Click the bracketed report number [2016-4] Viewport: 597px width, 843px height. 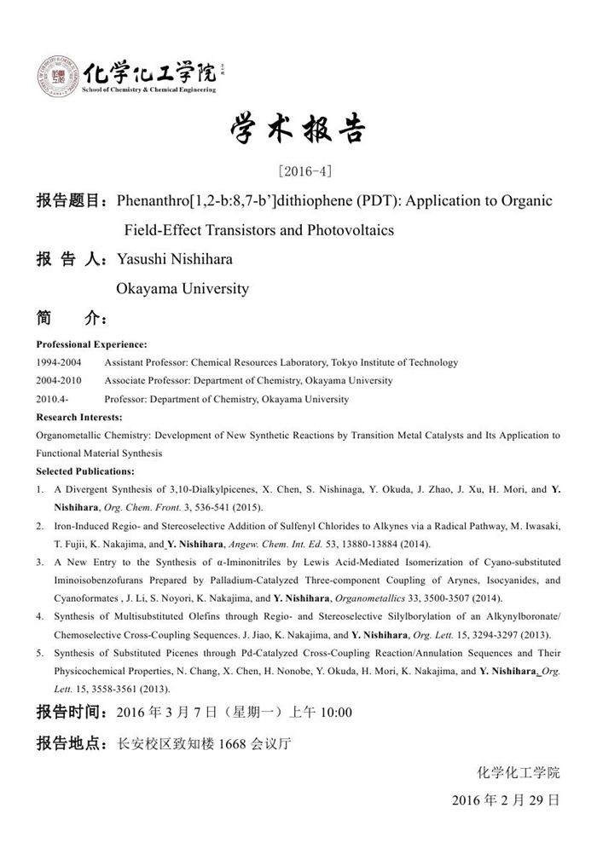pos(298,170)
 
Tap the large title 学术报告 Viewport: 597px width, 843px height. pos(298,129)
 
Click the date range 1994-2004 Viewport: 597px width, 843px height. pos(59,362)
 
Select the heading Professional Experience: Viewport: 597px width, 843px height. pos(91,344)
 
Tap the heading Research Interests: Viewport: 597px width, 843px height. pos(79,418)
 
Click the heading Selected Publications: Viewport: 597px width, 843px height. pos(85,471)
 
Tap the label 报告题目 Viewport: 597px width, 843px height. pos(68,202)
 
